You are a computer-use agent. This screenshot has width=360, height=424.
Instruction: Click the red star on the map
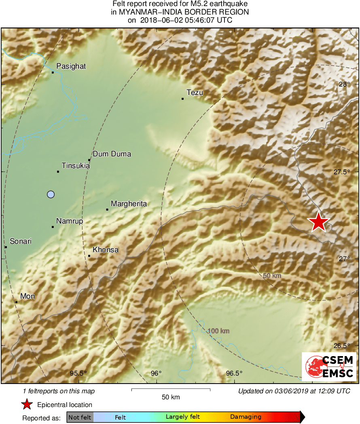click(319, 222)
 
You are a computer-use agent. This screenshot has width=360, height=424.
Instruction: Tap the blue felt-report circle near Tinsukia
click(51, 194)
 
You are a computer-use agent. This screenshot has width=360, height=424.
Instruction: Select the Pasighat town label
click(71, 66)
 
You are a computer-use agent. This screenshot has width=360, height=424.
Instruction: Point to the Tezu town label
click(195, 93)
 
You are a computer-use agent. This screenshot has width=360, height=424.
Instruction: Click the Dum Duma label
click(112, 154)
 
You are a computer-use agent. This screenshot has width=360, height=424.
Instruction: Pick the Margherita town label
click(129, 204)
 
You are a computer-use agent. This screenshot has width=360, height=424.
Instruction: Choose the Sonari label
click(21, 241)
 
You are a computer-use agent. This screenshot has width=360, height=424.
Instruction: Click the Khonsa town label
click(106, 250)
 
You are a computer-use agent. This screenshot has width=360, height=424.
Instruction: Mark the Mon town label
click(28, 296)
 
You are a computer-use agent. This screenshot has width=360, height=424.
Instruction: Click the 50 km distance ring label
click(272, 276)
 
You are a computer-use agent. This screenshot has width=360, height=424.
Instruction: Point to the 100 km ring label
click(218, 331)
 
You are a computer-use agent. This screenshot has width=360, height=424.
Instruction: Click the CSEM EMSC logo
click(329, 366)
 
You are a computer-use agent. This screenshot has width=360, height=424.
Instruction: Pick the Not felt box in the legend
click(80, 417)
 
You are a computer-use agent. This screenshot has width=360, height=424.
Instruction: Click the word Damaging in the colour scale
click(246, 417)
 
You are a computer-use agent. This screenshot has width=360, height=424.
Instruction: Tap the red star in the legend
click(27, 404)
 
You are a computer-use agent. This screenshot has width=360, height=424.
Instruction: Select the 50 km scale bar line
click(171, 390)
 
